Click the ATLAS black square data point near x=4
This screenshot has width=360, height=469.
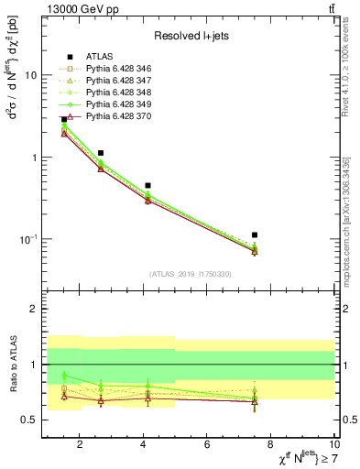(147, 185)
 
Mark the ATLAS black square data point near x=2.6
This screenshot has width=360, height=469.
(101, 153)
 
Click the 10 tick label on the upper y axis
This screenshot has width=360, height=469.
(30, 76)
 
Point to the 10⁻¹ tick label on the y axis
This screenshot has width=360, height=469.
(27, 239)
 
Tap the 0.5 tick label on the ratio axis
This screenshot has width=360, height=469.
(28, 420)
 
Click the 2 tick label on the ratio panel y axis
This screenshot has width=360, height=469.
(34, 310)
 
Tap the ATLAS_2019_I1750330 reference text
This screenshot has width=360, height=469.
(190, 274)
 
